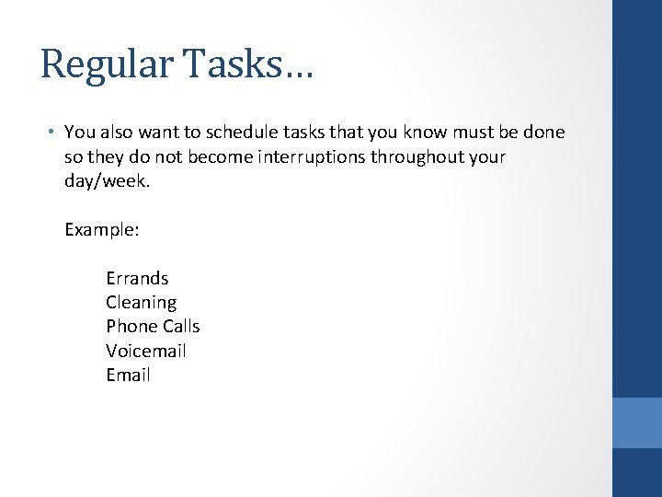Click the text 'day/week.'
pyautogui.click(x=107, y=181)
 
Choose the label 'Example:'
pyautogui.click(x=102, y=229)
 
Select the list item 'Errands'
pyautogui.click(x=137, y=278)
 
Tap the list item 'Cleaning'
pyautogui.click(x=141, y=302)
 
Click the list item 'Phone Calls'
pyautogui.click(x=153, y=326)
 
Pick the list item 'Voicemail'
pyautogui.click(x=145, y=351)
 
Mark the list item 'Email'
pyautogui.click(x=128, y=375)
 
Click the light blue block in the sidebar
pyautogui.click(x=637, y=422)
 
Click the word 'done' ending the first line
pyautogui.click(x=545, y=133)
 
